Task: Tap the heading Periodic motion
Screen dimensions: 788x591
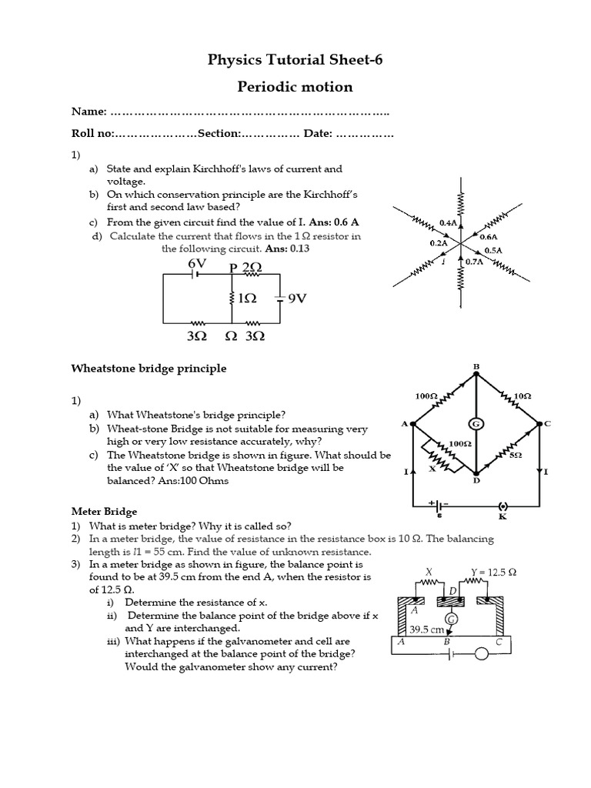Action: [x=295, y=87]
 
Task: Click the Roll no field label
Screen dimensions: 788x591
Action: [x=92, y=134]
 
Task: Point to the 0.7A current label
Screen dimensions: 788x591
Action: [x=475, y=261]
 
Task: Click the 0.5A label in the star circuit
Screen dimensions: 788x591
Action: [x=492, y=250]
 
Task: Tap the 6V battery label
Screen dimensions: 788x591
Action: [x=198, y=263]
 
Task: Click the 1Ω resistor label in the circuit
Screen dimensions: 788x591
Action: [x=246, y=299]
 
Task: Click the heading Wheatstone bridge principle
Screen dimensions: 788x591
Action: [x=149, y=369]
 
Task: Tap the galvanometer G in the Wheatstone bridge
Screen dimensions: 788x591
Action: [x=476, y=423]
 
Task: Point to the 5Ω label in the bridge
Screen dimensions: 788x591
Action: [x=515, y=456]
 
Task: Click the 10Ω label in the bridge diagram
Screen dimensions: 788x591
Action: [x=521, y=396]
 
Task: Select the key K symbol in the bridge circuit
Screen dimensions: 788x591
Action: [x=503, y=507]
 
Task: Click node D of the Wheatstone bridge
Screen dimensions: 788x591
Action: [x=476, y=480]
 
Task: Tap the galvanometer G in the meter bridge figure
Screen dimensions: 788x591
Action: [x=451, y=618]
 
